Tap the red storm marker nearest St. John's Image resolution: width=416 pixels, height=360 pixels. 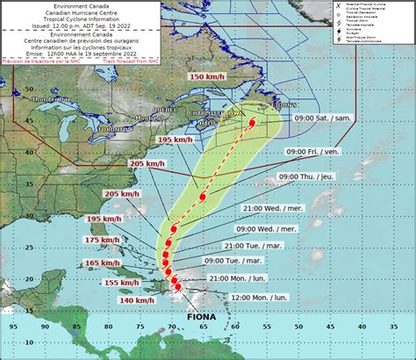252,124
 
